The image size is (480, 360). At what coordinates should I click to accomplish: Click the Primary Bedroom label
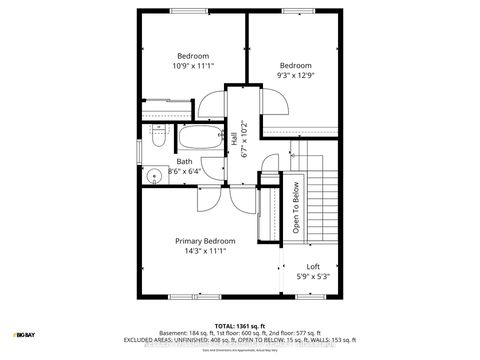[205, 241]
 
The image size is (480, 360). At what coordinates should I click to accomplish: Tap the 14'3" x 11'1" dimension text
[205, 253]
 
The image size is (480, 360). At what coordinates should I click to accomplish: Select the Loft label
[313, 267]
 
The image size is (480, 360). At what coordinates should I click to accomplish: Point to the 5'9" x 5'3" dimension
[313, 278]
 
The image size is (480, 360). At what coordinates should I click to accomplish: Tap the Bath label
[185, 161]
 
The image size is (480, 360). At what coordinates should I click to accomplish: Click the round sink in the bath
[154, 177]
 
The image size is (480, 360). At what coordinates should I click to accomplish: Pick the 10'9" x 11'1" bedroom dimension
[193, 66]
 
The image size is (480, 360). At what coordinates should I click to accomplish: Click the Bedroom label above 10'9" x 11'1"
[193, 55]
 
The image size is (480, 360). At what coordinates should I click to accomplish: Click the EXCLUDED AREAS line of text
[240, 340]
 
